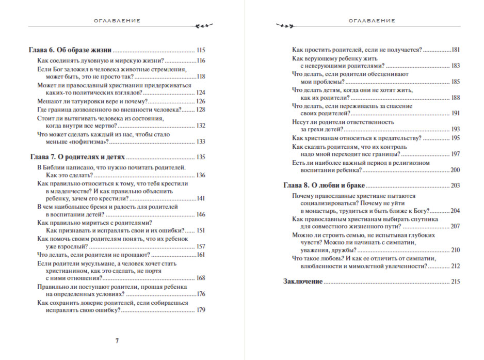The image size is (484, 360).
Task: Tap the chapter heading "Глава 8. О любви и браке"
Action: (325, 185)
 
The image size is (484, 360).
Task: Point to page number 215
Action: (455, 281)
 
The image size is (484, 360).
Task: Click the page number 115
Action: (201, 50)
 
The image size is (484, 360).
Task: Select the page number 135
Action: (201, 157)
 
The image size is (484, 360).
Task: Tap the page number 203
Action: (455, 185)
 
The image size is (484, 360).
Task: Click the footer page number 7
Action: (117, 341)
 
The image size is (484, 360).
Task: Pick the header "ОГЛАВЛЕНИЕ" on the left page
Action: (117, 21)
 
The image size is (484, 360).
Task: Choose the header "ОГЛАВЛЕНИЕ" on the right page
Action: (372, 21)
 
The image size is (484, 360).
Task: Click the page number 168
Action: (201, 278)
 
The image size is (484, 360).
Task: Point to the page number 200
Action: (455, 169)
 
